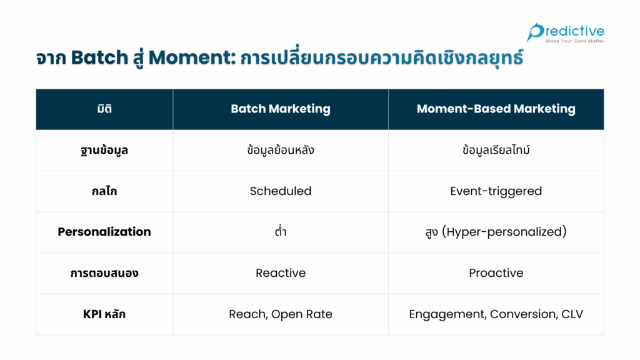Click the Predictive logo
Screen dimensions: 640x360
tap(565, 32)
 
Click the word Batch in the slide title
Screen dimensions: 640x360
tap(99, 57)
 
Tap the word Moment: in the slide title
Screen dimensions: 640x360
tap(192, 57)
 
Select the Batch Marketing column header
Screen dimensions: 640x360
tap(281, 109)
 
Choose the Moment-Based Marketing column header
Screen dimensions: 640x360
tap(496, 109)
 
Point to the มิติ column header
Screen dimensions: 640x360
tap(104, 109)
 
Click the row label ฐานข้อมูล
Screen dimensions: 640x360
tap(104, 150)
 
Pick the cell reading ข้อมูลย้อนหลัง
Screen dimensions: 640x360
tap(281, 150)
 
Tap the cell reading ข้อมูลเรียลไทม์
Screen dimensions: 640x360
tap(496, 150)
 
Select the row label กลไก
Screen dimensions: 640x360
tap(104, 191)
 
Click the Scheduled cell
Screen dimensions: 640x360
tap(281, 191)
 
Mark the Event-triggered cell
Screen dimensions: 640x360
tap(496, 191)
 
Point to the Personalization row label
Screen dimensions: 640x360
tap(104, 232)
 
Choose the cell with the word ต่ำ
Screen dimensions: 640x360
tap(281, 231)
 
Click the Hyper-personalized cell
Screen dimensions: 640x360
tap(496, 232)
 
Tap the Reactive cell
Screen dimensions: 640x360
tap(281, 273)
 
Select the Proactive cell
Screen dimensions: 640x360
tap(496, 273)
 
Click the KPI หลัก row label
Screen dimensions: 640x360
tap(104, 314)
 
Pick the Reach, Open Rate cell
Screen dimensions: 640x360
tap(281, 314)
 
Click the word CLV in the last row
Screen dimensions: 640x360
tap(572, 314)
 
